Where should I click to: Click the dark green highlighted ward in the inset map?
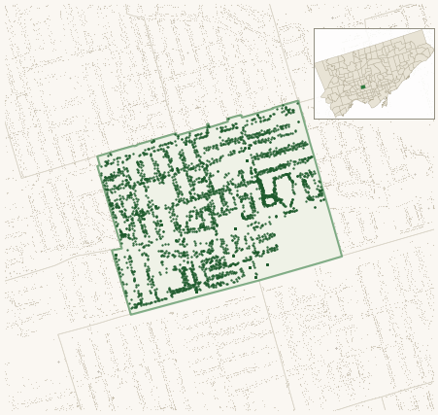tap(363, 86)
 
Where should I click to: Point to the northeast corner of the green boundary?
tap(299, 101)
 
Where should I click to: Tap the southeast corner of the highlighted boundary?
tap(342, 256)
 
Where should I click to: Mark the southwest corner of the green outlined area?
tap(131, 314)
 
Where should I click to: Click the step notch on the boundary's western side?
tap(115, 251)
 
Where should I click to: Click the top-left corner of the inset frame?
tap(314, 28)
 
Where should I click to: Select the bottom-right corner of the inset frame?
tap(434, 120)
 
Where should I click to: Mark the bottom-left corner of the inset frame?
tap(314, 120)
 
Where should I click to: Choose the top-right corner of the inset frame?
tap(434, 28)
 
